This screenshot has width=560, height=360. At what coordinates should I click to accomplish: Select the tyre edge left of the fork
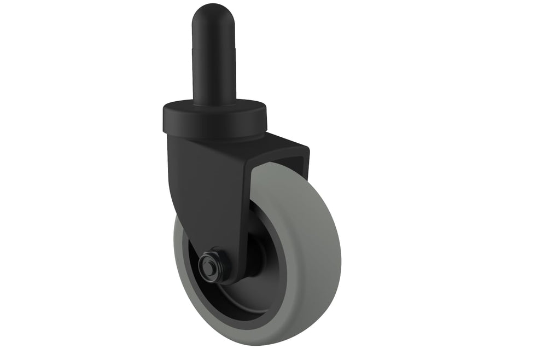[179, 241]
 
